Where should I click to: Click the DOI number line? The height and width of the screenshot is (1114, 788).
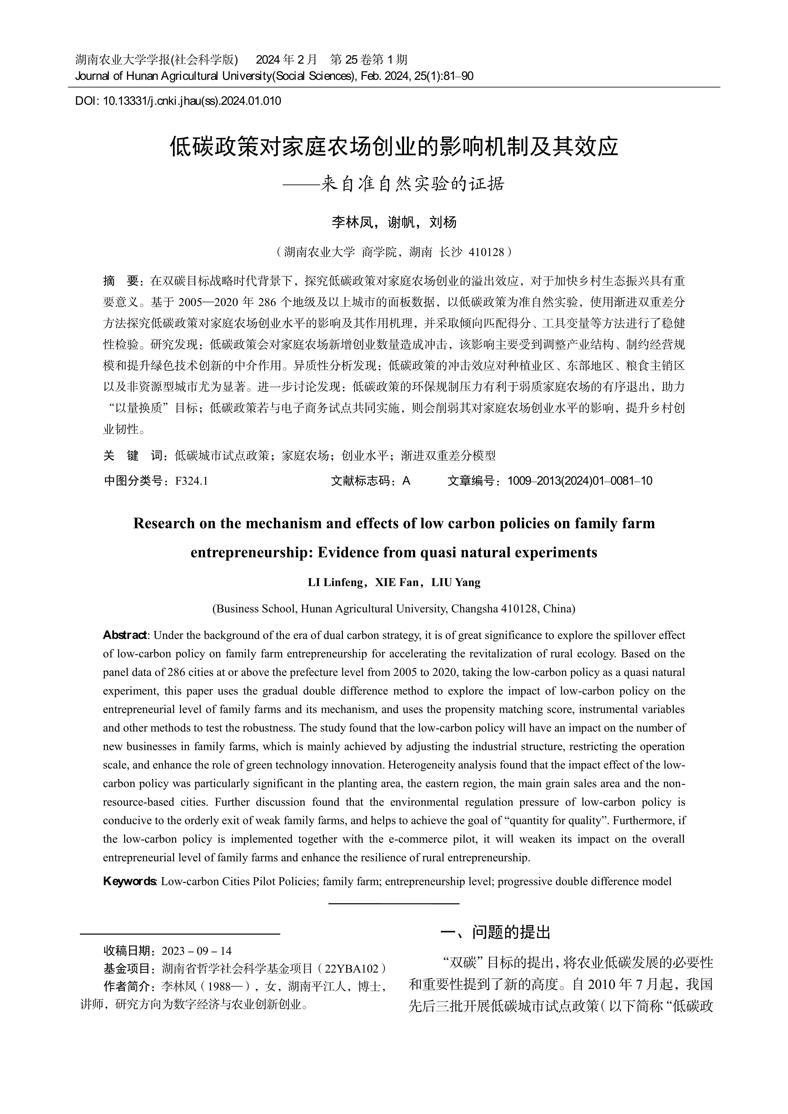(x=178, y=101)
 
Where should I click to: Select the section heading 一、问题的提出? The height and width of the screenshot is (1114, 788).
(x=495, y=932)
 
